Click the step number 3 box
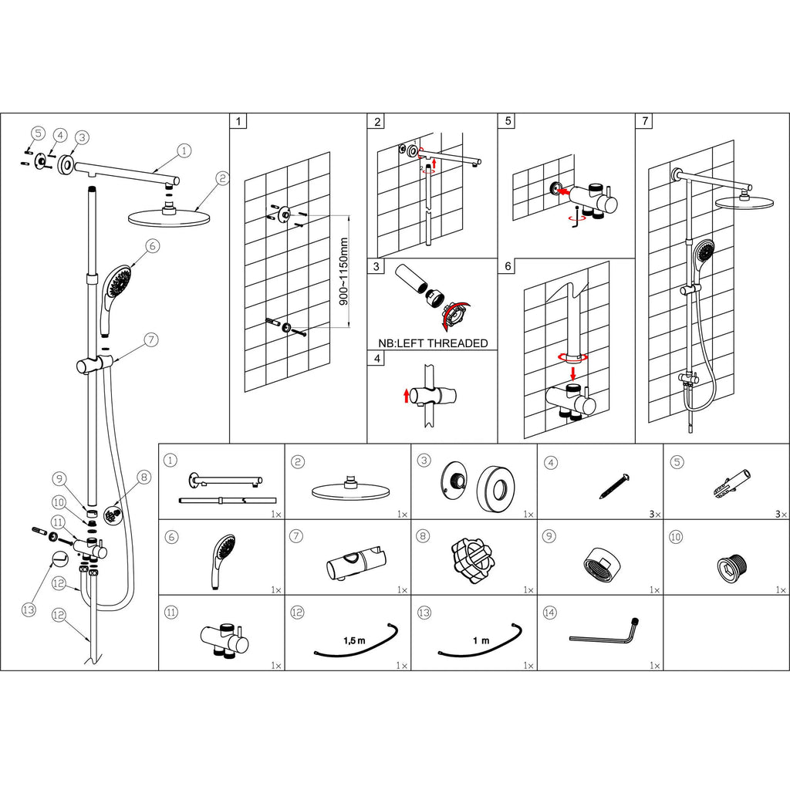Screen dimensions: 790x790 (376, 267)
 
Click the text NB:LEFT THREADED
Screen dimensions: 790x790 (433, 343)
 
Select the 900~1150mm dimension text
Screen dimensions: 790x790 (345, 272)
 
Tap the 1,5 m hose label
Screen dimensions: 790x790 (353, 640)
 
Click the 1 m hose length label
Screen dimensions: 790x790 (481, 640)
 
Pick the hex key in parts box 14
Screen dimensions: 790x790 (606, 633)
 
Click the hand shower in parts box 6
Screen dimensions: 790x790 (221, 562)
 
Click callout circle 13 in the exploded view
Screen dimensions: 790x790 (29, 609)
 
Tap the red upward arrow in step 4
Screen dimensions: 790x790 (407, 397)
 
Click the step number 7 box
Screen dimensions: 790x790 (644, 122)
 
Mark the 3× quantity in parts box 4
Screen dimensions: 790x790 (654, 513)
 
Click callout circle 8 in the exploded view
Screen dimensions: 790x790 (143, 478)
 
